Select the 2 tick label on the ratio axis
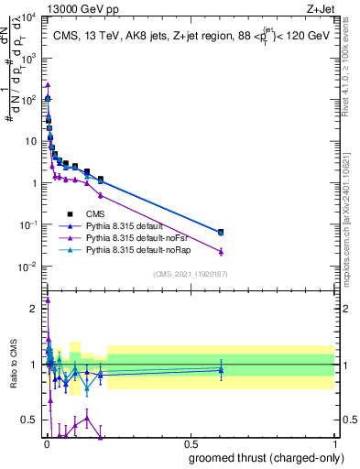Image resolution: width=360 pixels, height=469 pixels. [x=36, y=309]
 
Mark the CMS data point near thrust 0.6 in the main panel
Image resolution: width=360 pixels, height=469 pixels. [x=220, y=232]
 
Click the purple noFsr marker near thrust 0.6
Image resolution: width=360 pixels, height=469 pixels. [x=220, y=251]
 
